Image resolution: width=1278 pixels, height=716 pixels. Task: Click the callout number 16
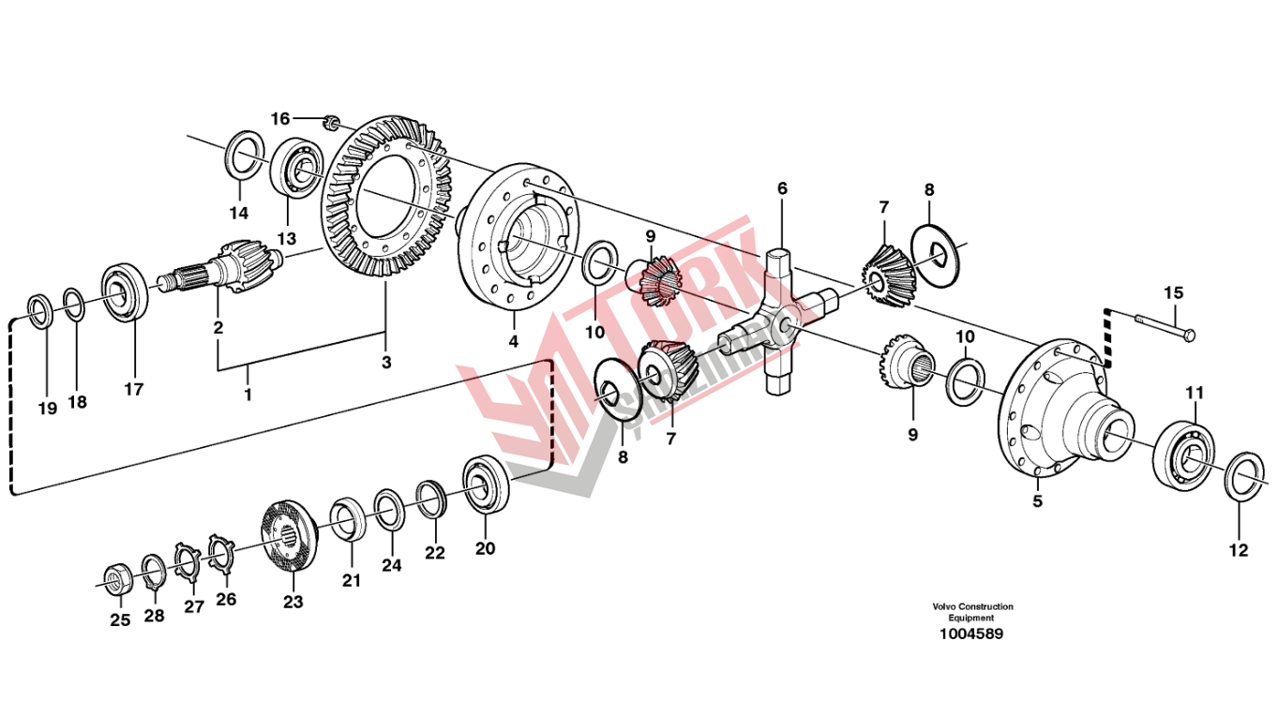[x=280, y=118]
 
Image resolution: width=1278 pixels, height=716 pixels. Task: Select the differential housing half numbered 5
[x=1060, y=413]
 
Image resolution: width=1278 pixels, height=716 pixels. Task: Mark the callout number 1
[x=248, y=395]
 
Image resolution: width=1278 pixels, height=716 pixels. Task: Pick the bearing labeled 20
[x=486, y=484]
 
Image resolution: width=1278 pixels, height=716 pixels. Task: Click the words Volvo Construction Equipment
[x=972, y=612]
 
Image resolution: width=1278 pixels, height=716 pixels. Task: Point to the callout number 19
[x=47, y=408]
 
